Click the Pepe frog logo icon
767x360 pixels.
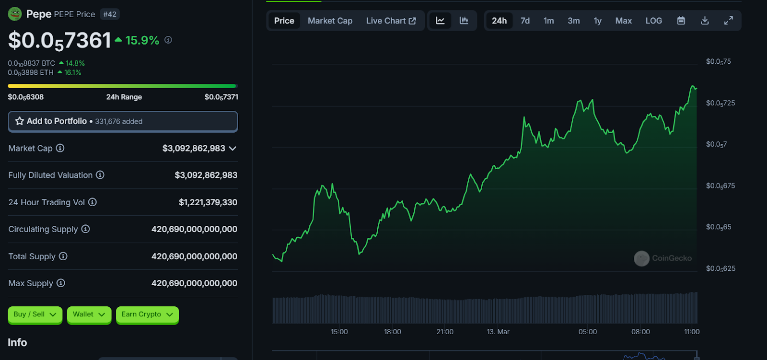coord(15,14)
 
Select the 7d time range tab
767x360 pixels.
coord(525,21)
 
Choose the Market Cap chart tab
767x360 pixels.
coord(330,21)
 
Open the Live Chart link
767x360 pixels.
coord(391,21)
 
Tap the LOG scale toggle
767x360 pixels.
coord(653,21)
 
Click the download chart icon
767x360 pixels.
coord(705,21)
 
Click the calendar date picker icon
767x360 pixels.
coord(681,21)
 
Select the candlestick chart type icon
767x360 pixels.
coord(464,21)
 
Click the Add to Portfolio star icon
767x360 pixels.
coord(20,121)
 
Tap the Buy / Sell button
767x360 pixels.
coord(35,314)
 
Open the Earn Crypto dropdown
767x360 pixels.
coord(147,314)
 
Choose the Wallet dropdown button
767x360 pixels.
coord(89,314)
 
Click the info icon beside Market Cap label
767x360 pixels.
coord(60,148)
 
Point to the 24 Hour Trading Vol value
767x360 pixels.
coord(208,202)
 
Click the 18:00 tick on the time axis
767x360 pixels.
coord(392,332)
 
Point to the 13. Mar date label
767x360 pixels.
coord(498,332)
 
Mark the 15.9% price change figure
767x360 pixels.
coord(142,40)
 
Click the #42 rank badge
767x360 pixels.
coord(110,14)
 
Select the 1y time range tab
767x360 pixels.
coord(597,21)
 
